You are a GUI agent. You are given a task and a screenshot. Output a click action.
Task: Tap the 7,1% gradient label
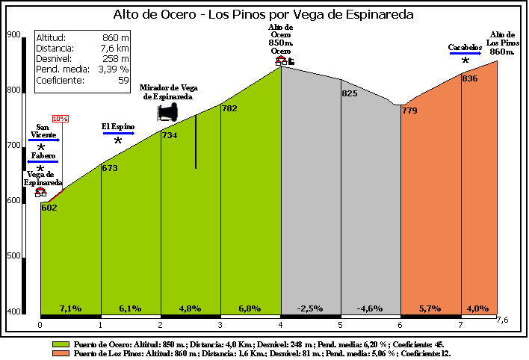(70, 308)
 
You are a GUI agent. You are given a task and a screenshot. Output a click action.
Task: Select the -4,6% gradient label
(370, 308)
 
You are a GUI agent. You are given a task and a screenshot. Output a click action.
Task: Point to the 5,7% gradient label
(430, 308)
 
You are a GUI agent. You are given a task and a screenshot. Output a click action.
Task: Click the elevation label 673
(110, 168)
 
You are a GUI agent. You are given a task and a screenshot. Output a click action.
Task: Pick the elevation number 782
(229, 109)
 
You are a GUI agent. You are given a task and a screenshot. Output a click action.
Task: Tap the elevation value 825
(350, 93)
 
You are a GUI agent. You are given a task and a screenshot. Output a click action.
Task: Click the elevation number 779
(409, 111)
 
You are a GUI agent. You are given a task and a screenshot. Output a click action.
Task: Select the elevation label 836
(470, 78)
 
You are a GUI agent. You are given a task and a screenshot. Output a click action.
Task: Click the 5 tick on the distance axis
(340, 325)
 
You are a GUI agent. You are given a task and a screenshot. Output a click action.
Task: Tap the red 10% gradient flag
(61, 119)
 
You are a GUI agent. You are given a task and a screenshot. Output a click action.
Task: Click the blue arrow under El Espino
(118, 133)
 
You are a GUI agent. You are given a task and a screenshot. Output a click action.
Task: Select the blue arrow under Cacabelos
(465, 54)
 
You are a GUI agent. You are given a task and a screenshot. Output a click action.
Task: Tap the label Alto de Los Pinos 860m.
(502, 43)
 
